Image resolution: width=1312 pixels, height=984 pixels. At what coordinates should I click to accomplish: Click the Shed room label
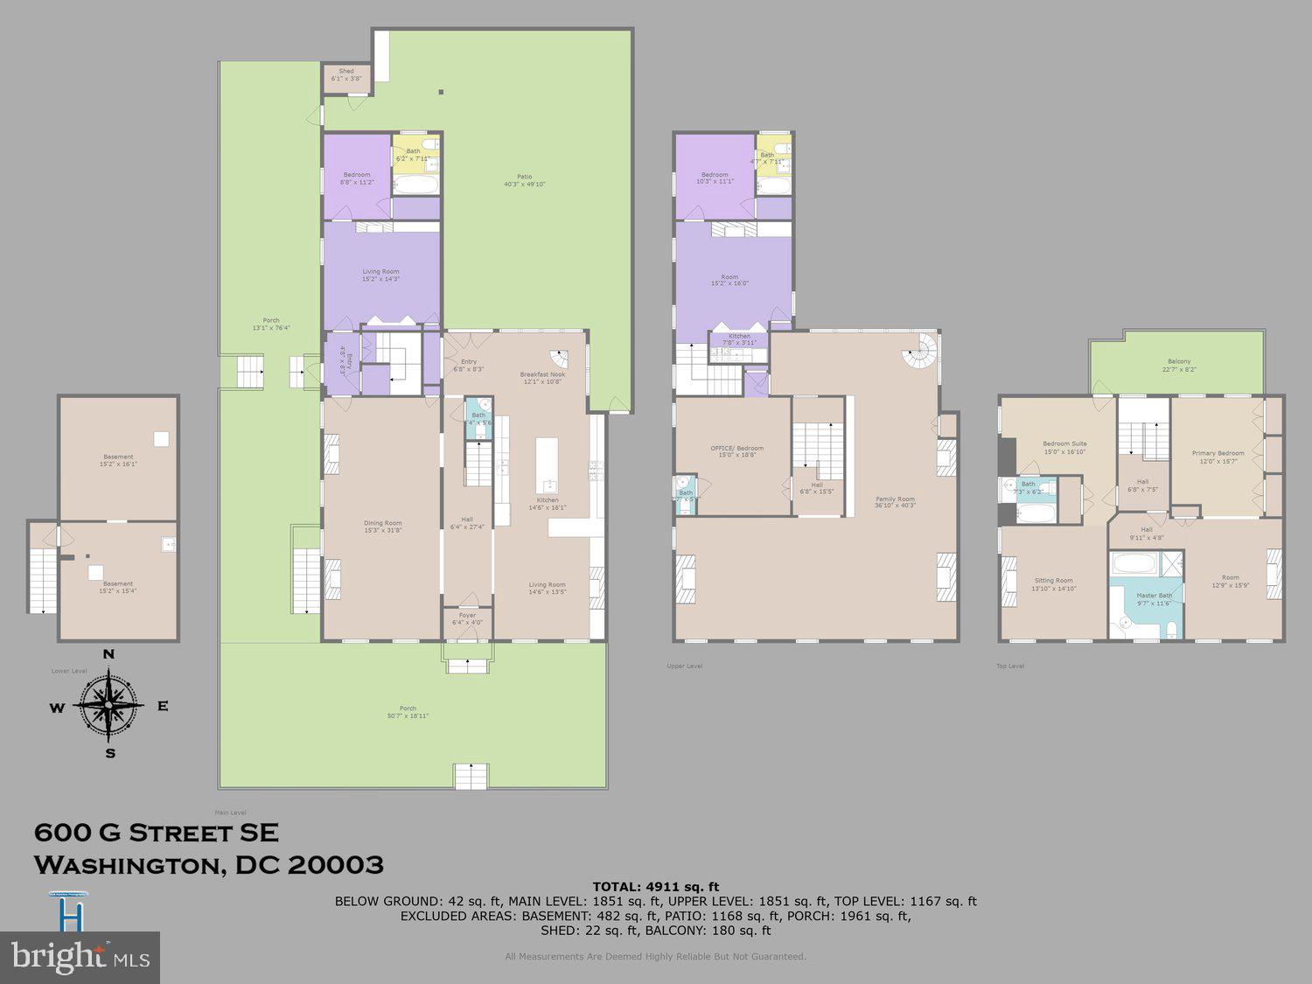click(x=346, y=74)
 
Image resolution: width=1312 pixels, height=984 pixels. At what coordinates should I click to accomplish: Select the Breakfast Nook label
click(x=542, y=378)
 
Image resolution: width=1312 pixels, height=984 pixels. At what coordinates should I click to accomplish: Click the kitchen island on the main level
click(x=547, y=467)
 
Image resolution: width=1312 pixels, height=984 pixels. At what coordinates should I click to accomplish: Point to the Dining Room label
click(x=382, y=527)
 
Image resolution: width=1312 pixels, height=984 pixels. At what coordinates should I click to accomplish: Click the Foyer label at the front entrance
click(x=467, y=618)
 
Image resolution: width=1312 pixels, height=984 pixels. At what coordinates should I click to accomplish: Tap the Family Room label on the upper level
click(x=894, y=502)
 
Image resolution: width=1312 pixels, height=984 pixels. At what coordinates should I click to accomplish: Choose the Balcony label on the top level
click(x=1178, y=365)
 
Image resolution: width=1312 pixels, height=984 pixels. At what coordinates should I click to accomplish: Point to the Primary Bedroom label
click(x=1218, y=457)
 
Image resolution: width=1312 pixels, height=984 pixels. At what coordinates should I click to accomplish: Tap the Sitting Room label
click(x=1053, y=584)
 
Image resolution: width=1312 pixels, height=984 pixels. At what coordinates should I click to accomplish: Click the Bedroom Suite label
click(x=1064, y=447)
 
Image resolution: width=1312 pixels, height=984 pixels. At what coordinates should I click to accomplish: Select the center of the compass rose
click(x=109, y=704)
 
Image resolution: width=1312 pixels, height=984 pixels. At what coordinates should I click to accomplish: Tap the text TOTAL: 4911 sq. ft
click(x=655, y=887)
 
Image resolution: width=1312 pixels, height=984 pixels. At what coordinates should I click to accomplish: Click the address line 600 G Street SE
click(x=157, y=833)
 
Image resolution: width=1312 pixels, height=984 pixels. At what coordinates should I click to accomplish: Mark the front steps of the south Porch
click(x=471, y=776)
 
